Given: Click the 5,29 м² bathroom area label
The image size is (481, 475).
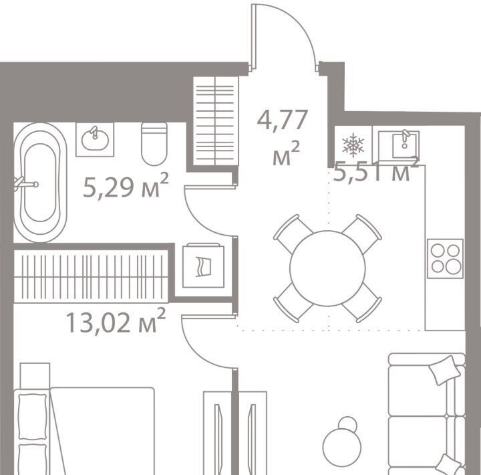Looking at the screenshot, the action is [126, 185].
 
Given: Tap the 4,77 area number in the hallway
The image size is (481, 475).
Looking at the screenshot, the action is [282, 120].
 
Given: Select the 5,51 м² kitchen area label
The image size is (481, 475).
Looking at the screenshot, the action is [376, 171].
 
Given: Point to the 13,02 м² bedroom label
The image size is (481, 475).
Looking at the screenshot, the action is [116, 321].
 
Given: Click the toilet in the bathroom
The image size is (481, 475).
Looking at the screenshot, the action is [154, 144].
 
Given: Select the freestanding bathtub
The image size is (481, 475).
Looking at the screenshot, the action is [40, 183].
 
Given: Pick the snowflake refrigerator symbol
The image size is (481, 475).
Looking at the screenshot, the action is [353, 144].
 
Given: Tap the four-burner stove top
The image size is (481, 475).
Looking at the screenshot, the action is [445, 259].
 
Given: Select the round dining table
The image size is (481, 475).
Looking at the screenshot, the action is [327, 268].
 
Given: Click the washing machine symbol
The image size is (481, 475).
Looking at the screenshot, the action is [203, 266].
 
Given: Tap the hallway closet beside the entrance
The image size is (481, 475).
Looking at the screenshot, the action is [216, 121].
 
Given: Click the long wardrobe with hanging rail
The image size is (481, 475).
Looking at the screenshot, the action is [91, 276].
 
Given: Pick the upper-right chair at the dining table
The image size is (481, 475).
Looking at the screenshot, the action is [362, 233].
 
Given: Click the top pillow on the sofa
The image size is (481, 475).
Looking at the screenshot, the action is [444, 370].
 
